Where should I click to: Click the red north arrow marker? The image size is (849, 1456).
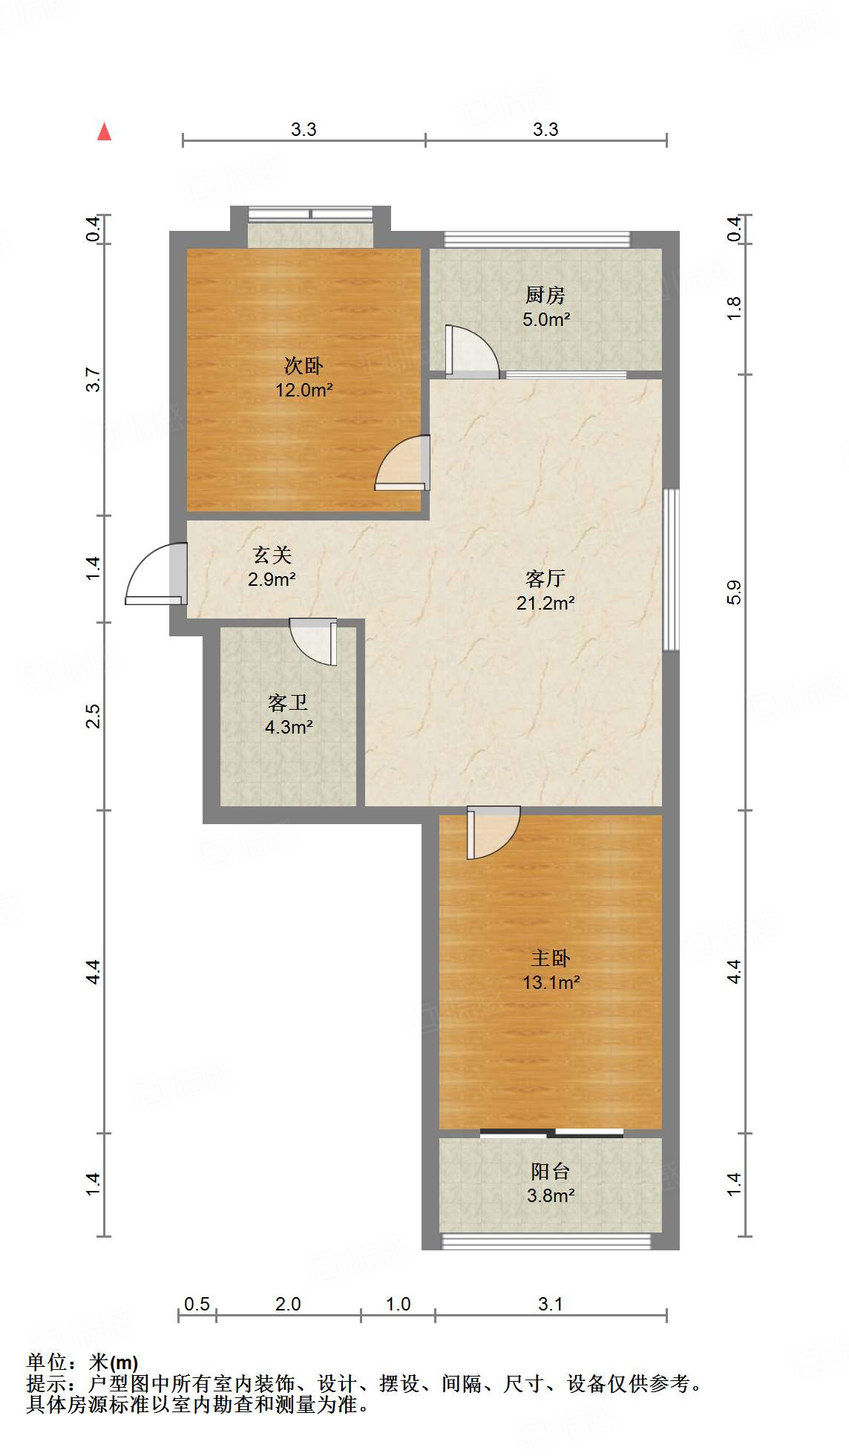point(105,131)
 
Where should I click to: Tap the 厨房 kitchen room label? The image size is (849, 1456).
point(545,296)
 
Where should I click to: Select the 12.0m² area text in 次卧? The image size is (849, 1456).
point(304,390)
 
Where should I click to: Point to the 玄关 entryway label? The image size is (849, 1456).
point(272,555)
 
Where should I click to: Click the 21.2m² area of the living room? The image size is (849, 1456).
point(545,603)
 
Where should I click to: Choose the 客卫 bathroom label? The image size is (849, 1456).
point(288,702)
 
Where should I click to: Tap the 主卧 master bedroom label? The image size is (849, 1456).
point(551,959)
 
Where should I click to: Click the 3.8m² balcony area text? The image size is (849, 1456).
point(551,1195)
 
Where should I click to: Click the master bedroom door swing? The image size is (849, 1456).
point(492,833)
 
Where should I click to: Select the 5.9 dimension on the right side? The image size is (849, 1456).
point(734,592)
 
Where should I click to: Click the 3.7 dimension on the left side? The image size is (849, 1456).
point(93,380)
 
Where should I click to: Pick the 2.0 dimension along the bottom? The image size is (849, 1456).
point(288,1304)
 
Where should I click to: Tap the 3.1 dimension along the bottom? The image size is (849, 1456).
point(551,1304)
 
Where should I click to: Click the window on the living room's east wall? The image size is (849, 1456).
point(671,569)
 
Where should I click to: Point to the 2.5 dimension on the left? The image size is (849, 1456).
point(93,716)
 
